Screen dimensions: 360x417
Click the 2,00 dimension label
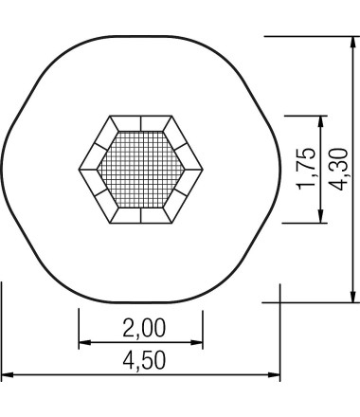(144, 328)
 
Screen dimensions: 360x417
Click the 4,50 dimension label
(144, 360)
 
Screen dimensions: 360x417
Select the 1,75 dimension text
(307, 169)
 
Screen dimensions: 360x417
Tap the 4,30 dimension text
(338, 169)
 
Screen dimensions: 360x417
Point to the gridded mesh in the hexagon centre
(141, 170)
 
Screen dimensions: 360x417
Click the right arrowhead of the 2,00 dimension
(196, 342)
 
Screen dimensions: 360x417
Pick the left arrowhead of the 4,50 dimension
(8, 375)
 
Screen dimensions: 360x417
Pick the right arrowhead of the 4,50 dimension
(274, 375)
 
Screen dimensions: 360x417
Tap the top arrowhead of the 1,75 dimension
(321, 122)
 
